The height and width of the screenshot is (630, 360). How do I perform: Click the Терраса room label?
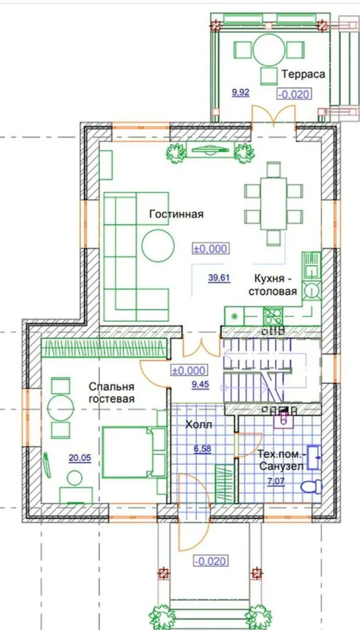(303, 74)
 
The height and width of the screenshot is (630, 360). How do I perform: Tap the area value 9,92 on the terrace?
(240, 93)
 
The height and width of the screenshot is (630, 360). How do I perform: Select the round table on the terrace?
(269, 50)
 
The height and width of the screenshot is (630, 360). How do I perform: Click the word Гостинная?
(176, 214)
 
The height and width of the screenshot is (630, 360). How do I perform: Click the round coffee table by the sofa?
(158, 246)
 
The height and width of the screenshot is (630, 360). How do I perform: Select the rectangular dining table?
(274, 204)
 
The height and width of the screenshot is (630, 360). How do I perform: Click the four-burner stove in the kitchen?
(273, 316)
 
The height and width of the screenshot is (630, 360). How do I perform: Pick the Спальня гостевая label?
(111, 393)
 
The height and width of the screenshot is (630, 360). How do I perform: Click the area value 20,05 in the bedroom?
(79, 459)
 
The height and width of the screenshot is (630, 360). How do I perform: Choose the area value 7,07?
(275, 480)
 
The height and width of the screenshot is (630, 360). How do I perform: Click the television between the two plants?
(209, 150)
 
